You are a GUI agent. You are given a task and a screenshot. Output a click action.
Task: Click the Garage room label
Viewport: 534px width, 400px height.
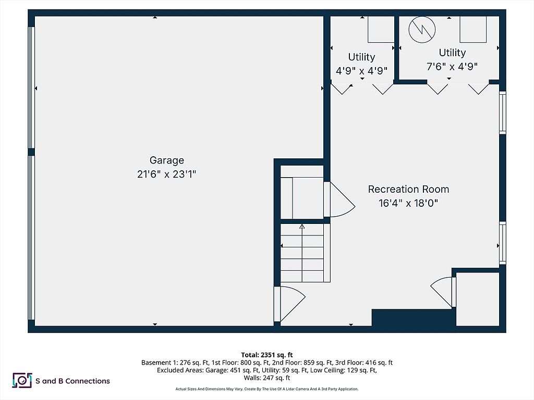coord(166,160)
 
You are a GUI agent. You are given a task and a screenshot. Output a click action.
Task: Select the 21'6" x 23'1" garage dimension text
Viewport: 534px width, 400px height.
coord(166,174)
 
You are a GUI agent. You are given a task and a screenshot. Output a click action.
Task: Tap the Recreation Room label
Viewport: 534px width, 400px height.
coord(408,189)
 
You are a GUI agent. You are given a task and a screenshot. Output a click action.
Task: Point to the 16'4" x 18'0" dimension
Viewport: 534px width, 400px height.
coord(408,203)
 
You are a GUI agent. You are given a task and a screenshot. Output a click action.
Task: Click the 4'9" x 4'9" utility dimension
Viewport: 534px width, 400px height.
coord(361,71)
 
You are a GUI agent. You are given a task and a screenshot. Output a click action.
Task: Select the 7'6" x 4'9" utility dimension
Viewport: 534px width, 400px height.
coord(452,66)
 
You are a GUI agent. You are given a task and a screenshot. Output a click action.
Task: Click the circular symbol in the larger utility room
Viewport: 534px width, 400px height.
coord(421,30)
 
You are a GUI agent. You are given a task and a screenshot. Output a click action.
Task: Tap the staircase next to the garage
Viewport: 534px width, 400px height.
coord(302,253)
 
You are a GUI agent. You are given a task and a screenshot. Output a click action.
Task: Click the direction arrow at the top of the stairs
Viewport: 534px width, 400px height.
coord(302,227)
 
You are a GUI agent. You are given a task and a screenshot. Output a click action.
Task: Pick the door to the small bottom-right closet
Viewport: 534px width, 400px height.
coord(444,292)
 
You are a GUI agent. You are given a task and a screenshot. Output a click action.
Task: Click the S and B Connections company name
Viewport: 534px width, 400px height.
coord(72,381)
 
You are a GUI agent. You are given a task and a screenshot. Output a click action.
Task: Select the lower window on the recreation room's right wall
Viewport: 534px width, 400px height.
coord(502,242)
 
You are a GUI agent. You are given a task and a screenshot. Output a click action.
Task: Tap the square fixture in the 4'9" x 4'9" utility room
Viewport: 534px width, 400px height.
coord(381,29)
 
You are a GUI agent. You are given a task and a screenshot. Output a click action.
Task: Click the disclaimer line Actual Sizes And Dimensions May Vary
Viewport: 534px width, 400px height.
coord(266,389)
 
